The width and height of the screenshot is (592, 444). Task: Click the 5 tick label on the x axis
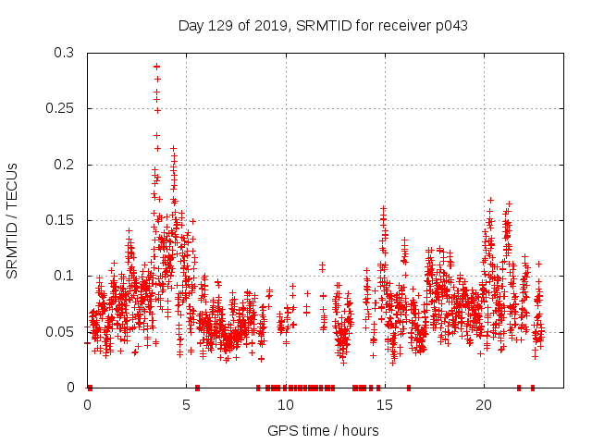tap(187, 405)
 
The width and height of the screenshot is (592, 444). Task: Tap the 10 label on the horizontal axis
tap(286, 405)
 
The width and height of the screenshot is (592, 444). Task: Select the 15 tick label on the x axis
tap(385, 405)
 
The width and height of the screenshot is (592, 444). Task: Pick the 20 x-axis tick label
tap(484, 405)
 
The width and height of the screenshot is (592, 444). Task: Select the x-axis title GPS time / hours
tap(323, 431)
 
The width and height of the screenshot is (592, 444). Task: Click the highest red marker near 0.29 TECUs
tap(157, 67)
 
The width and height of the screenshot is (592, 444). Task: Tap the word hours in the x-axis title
tap(360, 431)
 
